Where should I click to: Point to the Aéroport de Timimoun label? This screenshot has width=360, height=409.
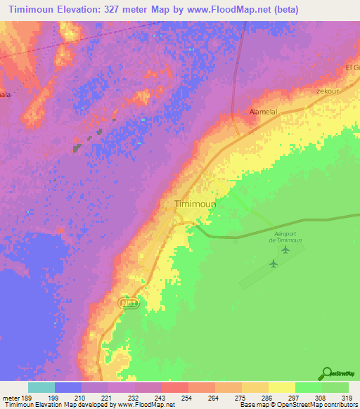tap(285, 236)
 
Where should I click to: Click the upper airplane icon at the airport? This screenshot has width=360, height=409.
tap(285, 249)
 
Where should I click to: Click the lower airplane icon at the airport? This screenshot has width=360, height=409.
tap(274, 264)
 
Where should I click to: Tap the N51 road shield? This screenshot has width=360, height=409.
tap(129, 302)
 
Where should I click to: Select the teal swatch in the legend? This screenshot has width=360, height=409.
tap(41, 387)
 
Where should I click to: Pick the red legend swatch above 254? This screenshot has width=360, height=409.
tap(174, 387)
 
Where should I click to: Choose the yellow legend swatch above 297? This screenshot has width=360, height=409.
tap(281, 387)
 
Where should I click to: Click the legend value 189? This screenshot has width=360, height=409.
tap(27, 398)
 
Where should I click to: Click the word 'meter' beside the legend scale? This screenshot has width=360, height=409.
tap(11, 398)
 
